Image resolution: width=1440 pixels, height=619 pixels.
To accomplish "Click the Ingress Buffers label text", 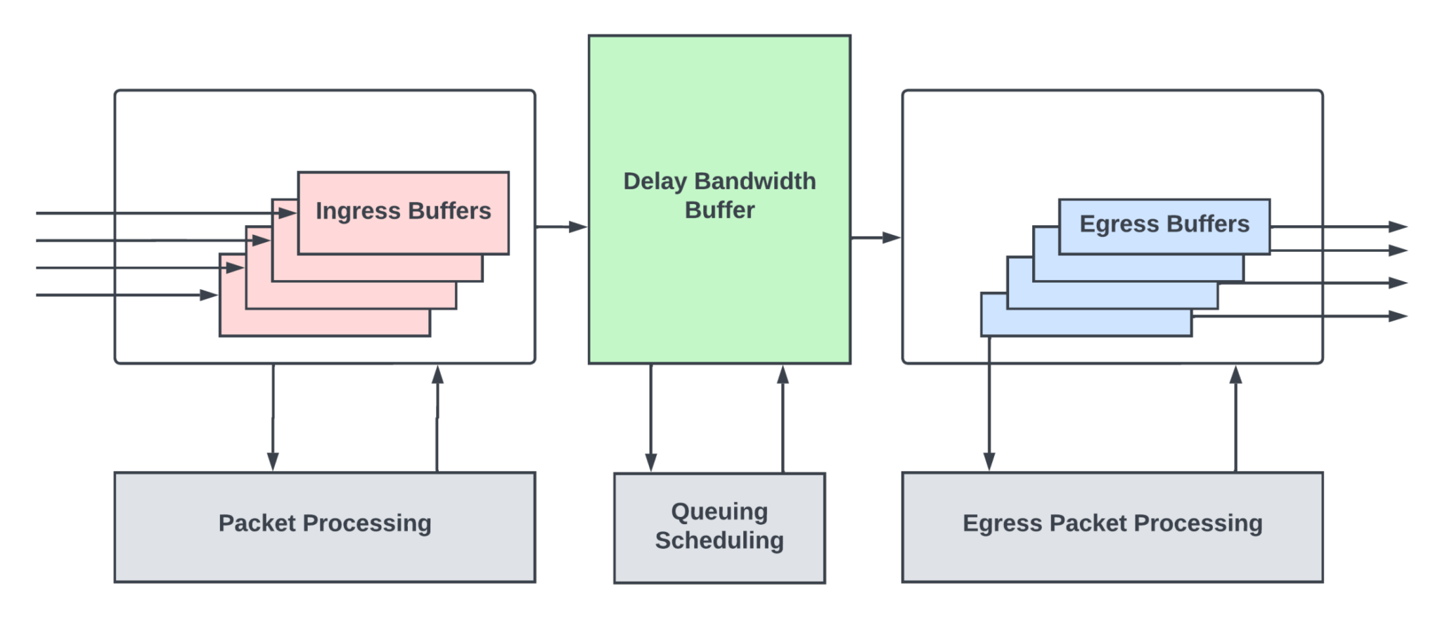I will (x=403, y=211).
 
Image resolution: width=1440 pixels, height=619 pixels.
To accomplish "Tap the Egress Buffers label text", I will (x=1164, y=224).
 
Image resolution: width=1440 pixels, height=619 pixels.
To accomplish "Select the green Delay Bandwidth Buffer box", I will (x=719, y=281).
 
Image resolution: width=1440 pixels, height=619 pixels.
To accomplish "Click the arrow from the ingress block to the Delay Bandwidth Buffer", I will (x=562, y=226).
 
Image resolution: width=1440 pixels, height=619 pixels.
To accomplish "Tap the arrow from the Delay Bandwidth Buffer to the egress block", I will (x=876, y=238).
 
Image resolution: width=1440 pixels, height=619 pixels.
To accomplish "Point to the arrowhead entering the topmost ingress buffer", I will (x=286, y=213).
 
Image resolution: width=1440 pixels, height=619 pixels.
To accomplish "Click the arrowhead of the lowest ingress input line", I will (x=209, y=295).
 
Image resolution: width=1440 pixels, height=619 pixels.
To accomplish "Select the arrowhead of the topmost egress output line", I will (x=1398, y=226).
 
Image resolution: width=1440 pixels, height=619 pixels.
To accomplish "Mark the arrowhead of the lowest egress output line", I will (x=1398, y=317).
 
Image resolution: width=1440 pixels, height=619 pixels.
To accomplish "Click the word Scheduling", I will (x=719, y=540).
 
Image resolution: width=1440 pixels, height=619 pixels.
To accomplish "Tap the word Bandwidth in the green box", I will (x=755, y=181).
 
